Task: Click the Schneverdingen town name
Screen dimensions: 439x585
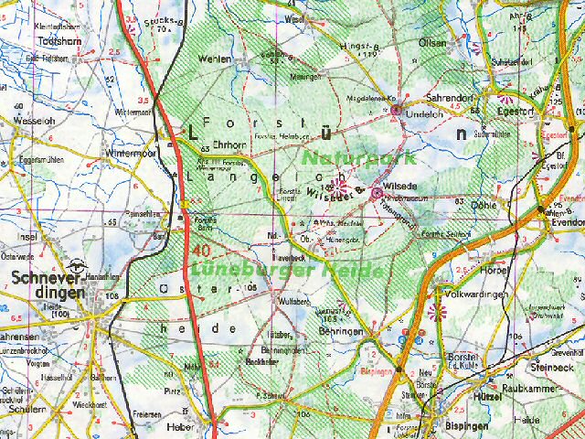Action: (x=48, y=284)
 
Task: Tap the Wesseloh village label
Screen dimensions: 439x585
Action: (x=34, y=119)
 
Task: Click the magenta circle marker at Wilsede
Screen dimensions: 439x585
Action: (x=376, y=192)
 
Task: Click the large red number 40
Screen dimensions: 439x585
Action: (x=202, y=250)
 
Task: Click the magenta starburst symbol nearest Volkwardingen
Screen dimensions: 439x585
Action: (x=436, y=313)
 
